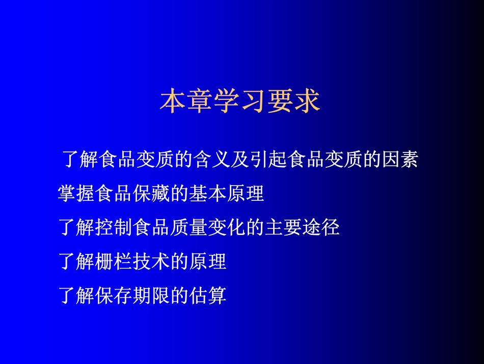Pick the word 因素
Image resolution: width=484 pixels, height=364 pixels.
[x=400, y=160]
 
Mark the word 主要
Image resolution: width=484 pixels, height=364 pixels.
[x=283, y=228]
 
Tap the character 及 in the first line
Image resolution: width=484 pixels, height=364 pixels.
[x=240, y=160]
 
